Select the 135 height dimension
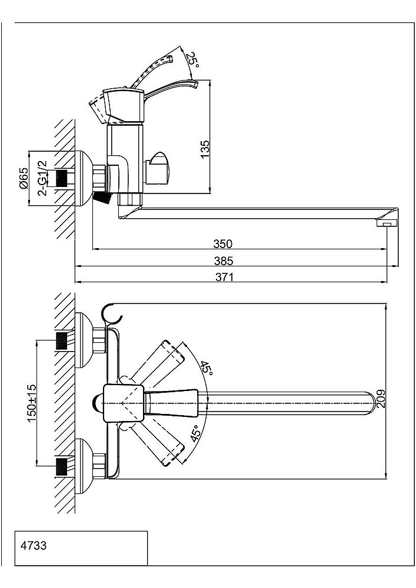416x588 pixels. point(205,149)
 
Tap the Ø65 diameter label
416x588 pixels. point(24,178)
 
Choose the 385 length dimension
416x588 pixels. point(224,260)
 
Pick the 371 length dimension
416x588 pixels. point(224,278)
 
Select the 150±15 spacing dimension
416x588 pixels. point(32,401)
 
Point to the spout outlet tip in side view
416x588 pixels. point(387,223)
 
